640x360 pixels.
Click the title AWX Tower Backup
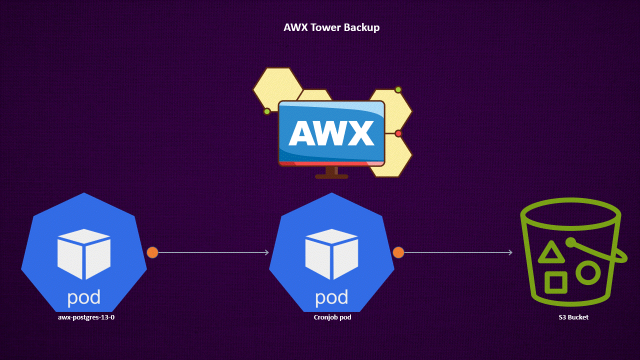tap(331, 27)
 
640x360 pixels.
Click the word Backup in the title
tap(361, 27)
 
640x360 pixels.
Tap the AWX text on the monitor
tap(331, 133)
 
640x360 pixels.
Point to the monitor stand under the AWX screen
tap(331, 172)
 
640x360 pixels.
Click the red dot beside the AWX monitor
tap(398, 133)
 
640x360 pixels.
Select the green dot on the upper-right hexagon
tap(398, 89)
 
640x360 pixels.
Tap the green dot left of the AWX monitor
tap(267, 111)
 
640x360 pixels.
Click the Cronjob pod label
tap(332, 317)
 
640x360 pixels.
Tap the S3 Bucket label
tap(573, 317)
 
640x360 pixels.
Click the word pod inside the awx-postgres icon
tap(84, 297)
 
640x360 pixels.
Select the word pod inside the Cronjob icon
tap(331, 297)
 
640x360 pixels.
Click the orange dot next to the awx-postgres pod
tap(152, 252)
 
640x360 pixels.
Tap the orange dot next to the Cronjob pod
tap(398, 252)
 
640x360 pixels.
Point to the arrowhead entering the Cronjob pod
tap(266, 252)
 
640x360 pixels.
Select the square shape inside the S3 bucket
tap(555, 282)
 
